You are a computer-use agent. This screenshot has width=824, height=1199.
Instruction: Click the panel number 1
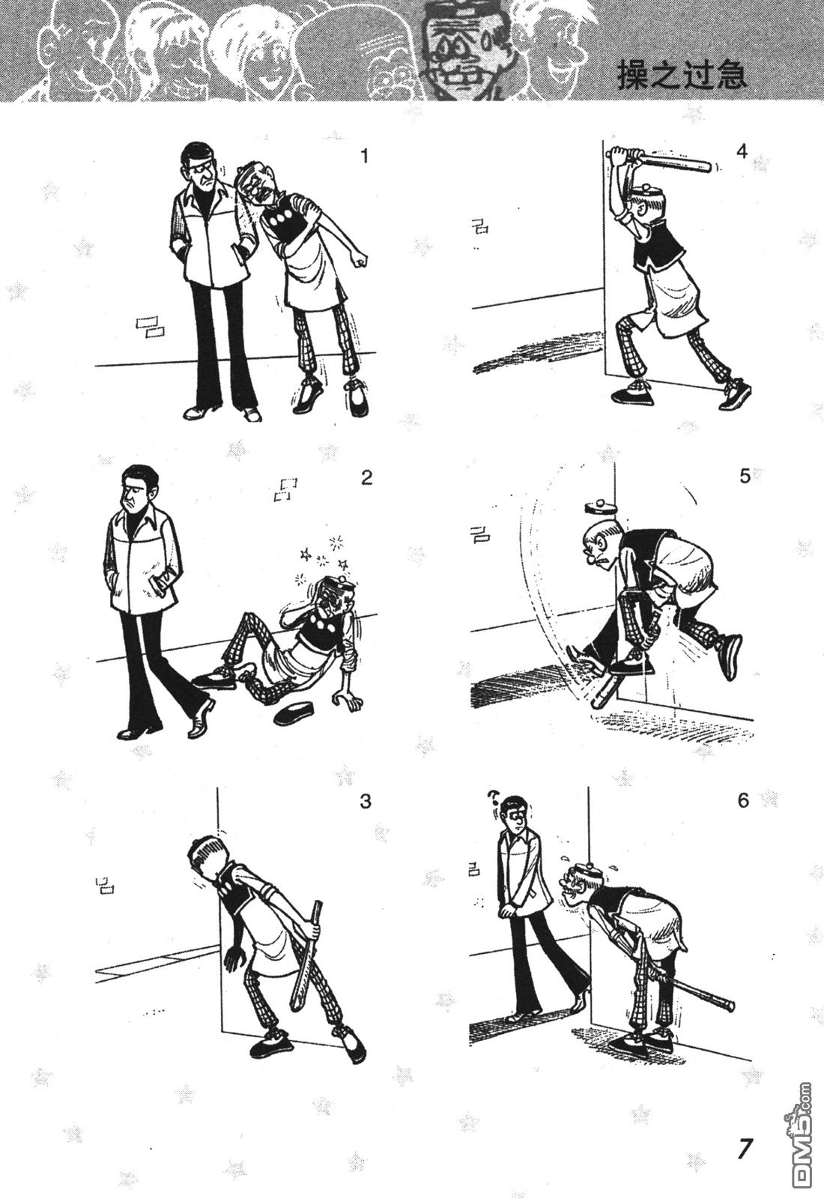click(x=364, y=157)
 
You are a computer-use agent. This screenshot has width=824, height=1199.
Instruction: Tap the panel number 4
click(x=741, y=153)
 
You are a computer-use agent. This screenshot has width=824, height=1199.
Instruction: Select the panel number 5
click(x=745, y=476)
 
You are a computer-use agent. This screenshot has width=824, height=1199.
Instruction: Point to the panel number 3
click(x=366, y=801)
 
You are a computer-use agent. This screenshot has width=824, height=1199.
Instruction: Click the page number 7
click(x=745, y=1147)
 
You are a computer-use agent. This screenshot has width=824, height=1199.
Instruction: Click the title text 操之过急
click(x=682, y=74)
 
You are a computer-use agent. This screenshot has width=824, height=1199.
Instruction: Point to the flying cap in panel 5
click(x=599, y=505)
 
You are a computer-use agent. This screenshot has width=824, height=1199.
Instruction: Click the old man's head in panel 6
click(x=576, y=884)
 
